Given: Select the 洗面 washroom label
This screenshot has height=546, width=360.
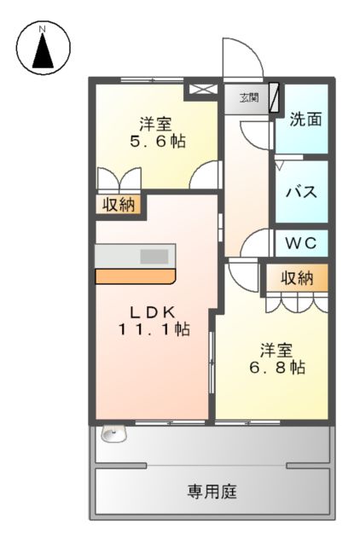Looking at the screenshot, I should (x=305, y=119).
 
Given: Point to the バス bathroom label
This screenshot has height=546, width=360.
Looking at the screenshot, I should (x=301, y=191).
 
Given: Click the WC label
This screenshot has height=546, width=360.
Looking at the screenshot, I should (x=300, y=243).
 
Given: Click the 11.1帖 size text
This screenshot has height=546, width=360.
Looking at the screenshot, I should (x=154, y=328).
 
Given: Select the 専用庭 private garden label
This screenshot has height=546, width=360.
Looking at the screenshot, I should (x=212, y=492).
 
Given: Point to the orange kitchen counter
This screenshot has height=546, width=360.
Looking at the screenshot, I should (x=135, y=276).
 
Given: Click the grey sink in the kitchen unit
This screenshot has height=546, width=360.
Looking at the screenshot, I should (x=154, y=256).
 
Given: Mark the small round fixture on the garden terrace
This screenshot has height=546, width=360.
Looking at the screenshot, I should (x=109, y=433).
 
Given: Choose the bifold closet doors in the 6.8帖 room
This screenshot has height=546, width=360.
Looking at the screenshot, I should (x=297, y=301).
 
